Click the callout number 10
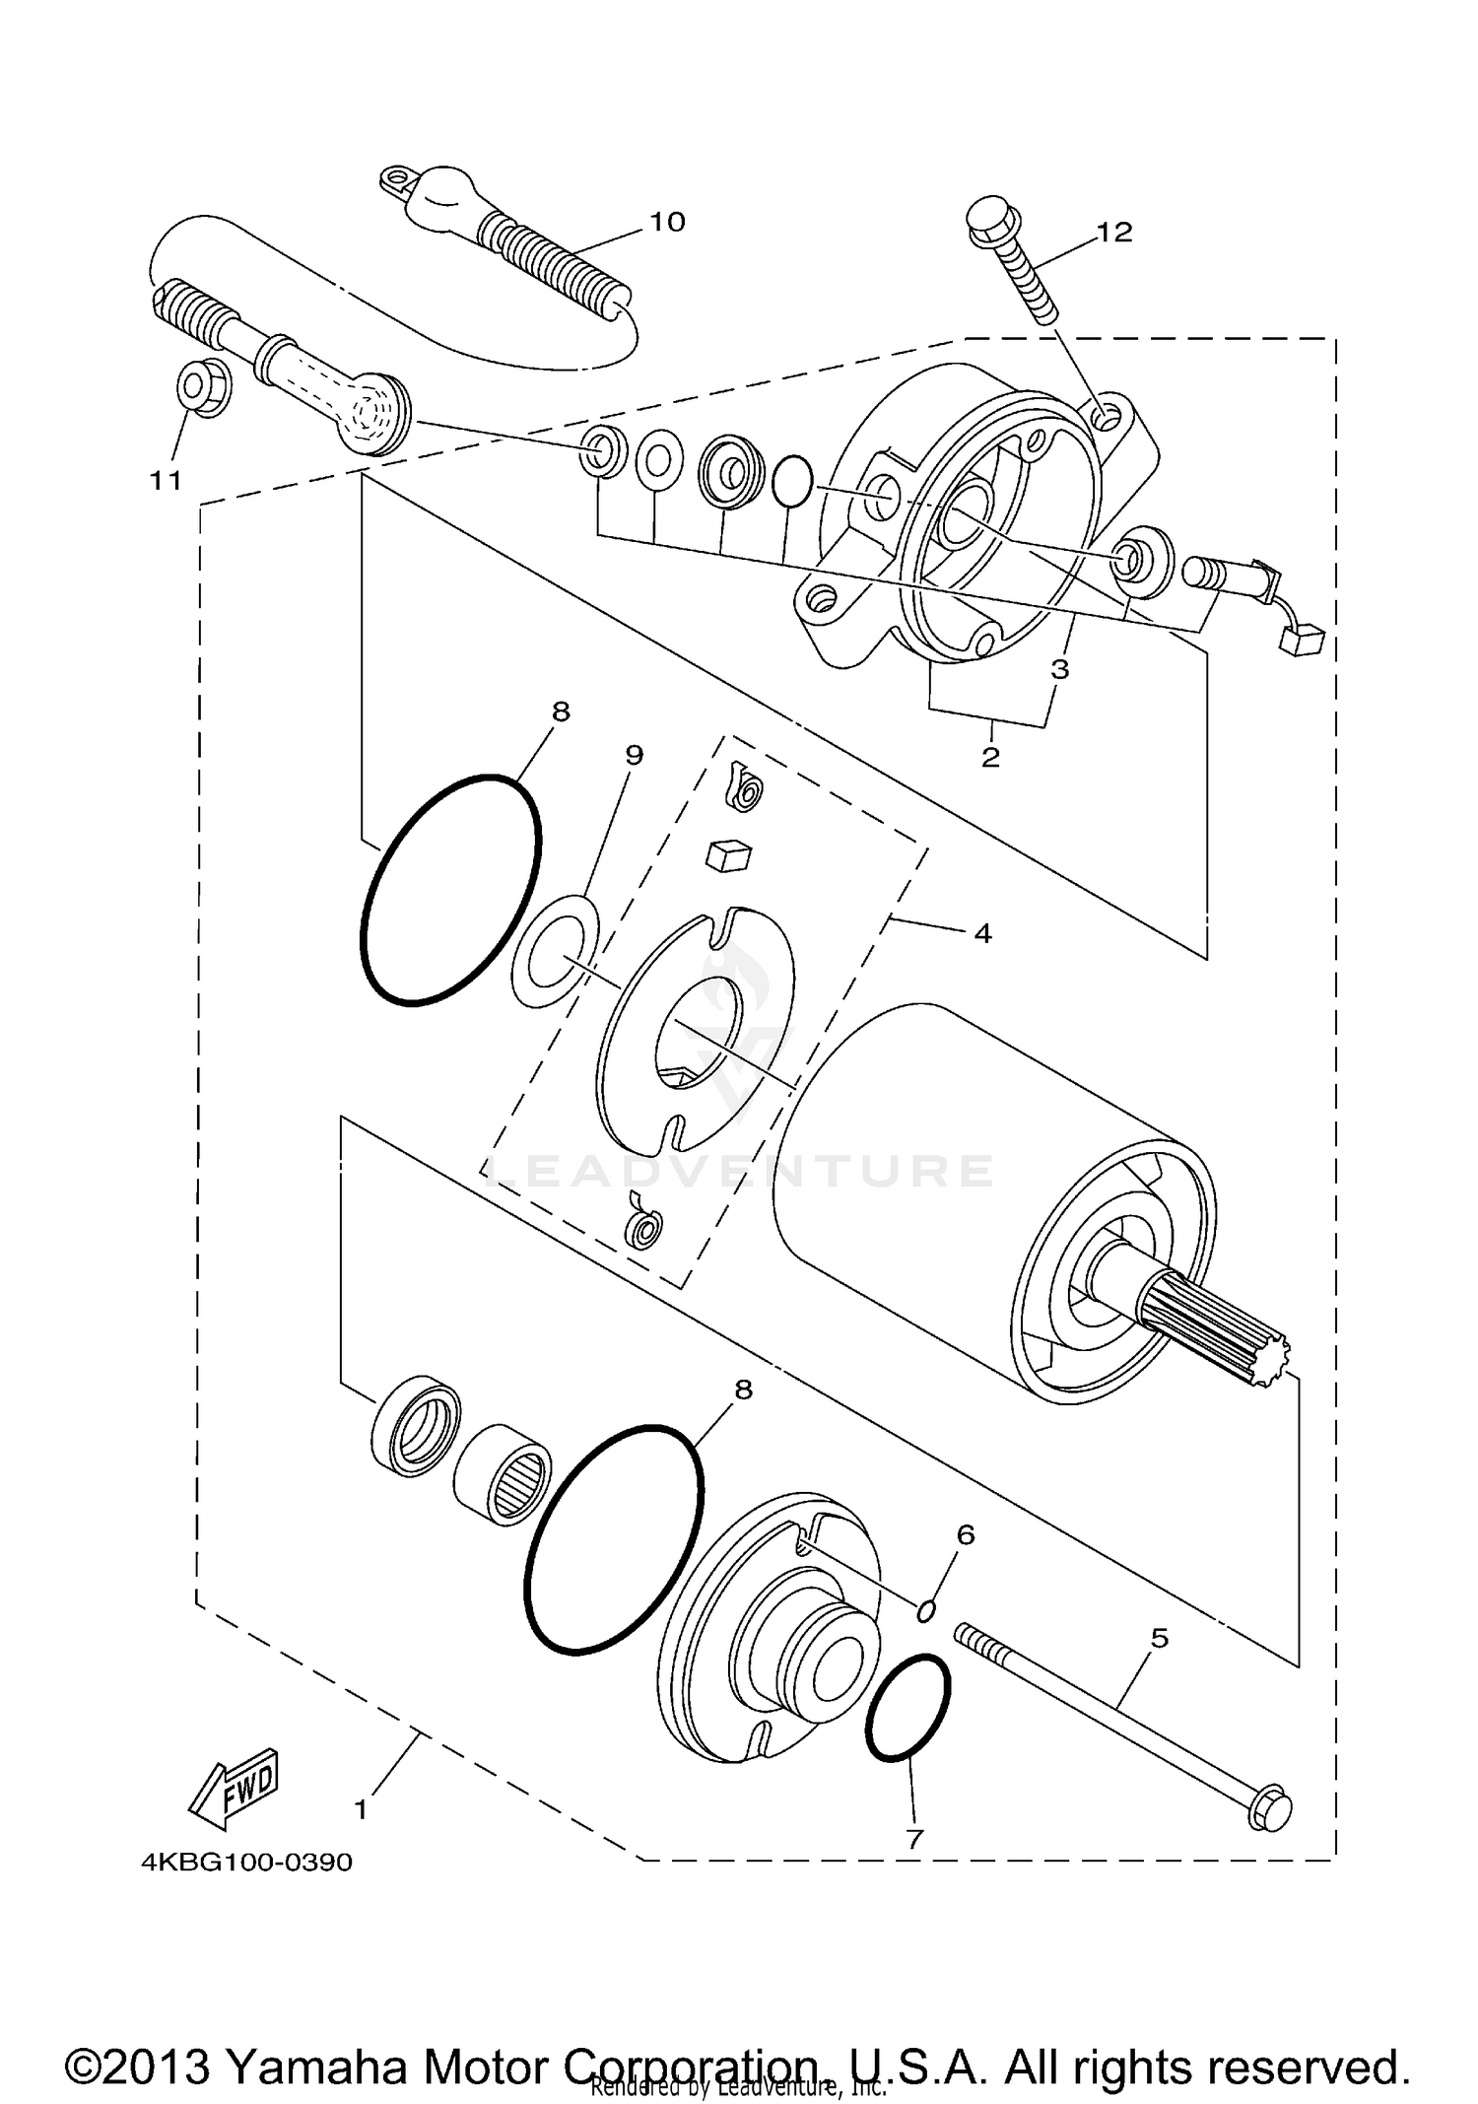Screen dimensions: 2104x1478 click(667, 222)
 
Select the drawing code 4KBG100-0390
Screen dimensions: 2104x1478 click(246, 1863)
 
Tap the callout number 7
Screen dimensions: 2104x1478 click(914, 1838)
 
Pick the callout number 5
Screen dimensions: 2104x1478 click(1160, 1638)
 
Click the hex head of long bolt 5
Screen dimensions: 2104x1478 click(1269, 1809)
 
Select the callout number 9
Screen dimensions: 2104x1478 click(634, 755)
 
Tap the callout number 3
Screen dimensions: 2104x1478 click(1059, 669)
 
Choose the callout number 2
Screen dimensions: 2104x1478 click(990, 757)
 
